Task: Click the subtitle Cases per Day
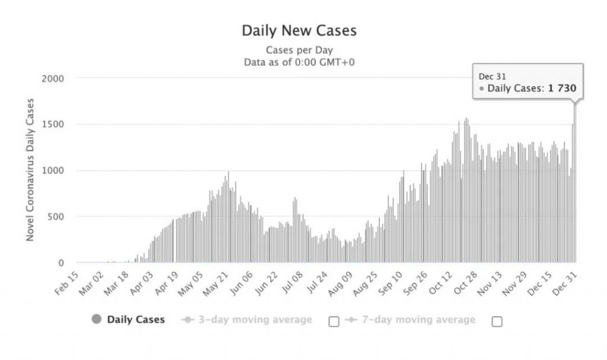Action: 299,50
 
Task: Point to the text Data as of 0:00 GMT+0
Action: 299,62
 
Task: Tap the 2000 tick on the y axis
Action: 53,78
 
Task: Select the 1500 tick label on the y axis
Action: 53,125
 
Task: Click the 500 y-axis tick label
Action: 56,217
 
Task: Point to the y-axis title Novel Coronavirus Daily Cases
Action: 30,170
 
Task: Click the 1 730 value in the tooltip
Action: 562,89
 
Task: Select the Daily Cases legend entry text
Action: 136,320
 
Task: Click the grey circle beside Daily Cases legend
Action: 97,320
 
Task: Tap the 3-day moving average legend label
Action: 254,320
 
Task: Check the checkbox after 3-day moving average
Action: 334,321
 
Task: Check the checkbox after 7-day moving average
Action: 497,321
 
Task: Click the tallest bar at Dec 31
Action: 574,184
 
